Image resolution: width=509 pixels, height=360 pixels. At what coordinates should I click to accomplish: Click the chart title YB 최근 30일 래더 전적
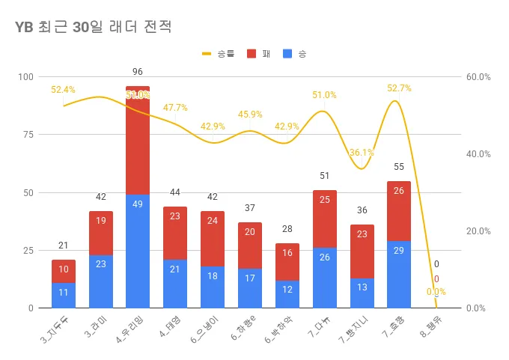[93, 28]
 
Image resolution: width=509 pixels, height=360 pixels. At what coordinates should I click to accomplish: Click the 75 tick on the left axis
[28, 135]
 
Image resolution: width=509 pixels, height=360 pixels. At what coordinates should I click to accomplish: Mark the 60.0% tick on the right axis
[478, 77]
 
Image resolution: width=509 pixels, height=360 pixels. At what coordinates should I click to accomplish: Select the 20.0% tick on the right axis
[478, 231]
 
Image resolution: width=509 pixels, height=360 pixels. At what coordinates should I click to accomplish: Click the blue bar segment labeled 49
[138, 251]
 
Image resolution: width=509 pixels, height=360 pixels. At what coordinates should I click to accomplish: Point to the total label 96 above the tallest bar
[138, 72]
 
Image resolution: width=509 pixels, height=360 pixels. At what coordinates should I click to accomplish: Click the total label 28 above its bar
[287, 228]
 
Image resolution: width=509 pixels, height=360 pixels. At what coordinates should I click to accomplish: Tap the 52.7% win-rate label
[399, 88]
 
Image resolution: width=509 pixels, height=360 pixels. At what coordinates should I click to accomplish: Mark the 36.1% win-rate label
[362, 153]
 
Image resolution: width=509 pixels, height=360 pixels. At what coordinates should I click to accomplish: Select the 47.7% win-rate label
[175, 108]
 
